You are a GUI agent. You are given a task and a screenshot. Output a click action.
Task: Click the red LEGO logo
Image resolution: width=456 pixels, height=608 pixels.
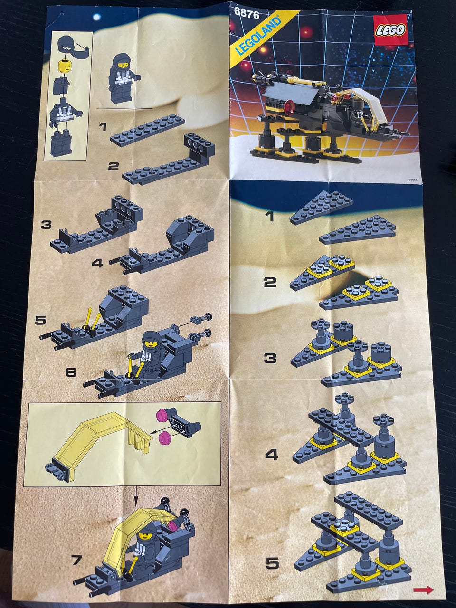pos(390,30)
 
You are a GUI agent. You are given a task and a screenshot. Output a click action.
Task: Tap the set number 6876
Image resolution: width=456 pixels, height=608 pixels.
pos(247,14)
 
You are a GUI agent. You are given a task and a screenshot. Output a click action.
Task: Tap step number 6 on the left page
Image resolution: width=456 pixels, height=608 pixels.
pos(71,372)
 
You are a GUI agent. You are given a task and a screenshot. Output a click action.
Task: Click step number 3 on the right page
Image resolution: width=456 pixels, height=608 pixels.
pos(270,358)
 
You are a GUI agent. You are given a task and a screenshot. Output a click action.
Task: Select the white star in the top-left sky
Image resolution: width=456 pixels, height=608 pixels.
pos(97,17)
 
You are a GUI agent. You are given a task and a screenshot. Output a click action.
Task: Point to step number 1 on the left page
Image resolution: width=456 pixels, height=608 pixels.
pos(103,127)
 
